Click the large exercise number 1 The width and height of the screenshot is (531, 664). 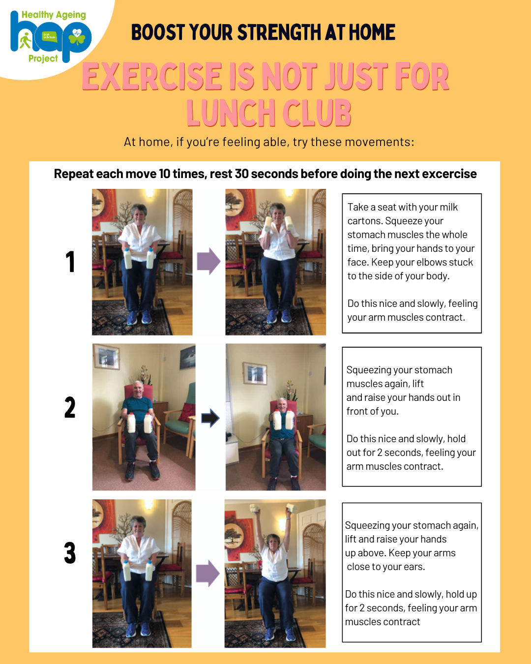pyautogui.click(x=71, y=261)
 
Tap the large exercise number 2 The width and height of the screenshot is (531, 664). pyautogui.click(x=70, y=407)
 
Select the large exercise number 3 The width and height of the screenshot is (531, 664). pyautogui.click(x=70, y=553)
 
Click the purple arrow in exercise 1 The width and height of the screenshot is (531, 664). pyautogui.click(x=208, y=261)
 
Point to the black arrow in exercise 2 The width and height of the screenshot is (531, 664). pyautogui.click(x=210, y=418)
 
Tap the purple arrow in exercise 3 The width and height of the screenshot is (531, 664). pyautogui.click(x=207, y=573)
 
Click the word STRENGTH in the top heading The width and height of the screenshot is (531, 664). pyautogui.click(x=279, y=32)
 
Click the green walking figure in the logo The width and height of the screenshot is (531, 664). pyautogui.click(x=25, y=40)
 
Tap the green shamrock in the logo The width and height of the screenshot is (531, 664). pyautogui.click(x=77, y=38)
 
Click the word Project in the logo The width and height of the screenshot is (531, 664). pyautogui.click(x=43, y=59)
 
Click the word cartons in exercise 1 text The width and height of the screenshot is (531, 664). pyautogui.click(x=365, y=221)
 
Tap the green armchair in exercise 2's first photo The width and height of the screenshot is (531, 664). pyautogui.click(x=182, y=417)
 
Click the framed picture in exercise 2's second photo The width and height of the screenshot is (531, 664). pyautogui.click(x=255, y=373)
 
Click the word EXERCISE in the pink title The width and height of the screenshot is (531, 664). pyautogui.click(x=152, y=76)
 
